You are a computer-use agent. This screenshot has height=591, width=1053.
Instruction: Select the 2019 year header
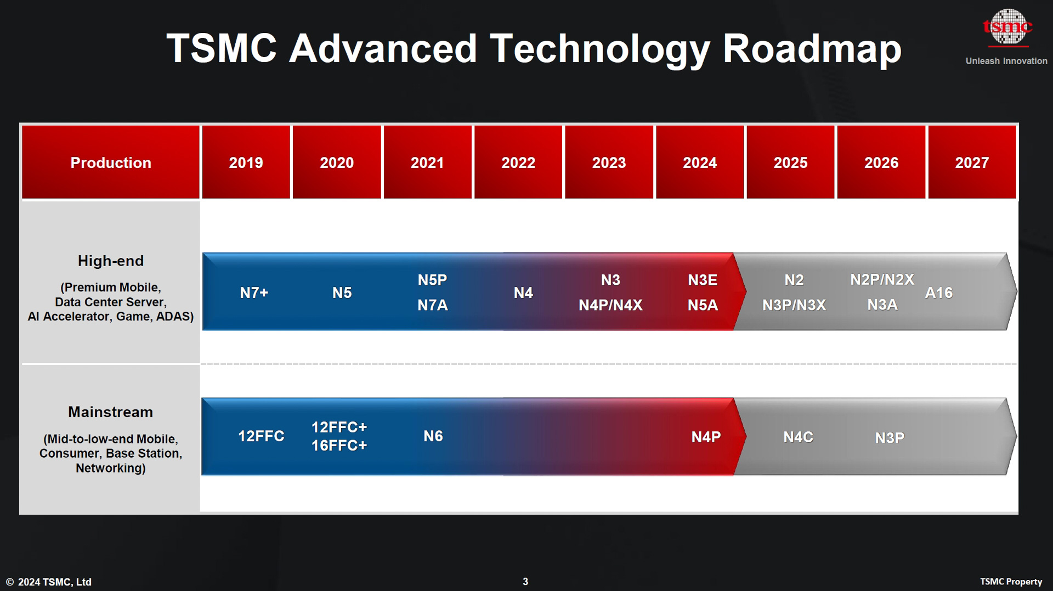click(x=246, y=162)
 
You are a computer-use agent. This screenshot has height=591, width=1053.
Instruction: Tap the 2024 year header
click(x=699, y=162)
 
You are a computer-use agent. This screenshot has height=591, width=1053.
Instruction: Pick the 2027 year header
click(x=971, y=162)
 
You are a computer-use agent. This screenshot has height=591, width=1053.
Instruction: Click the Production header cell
click(x=111, y=162)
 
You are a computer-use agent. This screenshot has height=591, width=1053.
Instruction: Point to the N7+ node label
click(x=254, y=292)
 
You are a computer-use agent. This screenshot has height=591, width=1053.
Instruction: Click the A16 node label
click(x=938, y=292)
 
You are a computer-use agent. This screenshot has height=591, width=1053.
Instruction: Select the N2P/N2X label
click(x=882, y=279)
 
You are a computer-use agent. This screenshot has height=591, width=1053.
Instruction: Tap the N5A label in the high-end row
click(x=703, y=305)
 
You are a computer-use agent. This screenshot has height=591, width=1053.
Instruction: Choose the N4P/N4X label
click(x=610, y=305)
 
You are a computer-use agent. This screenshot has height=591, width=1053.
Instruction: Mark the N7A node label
click(x=432, y=305)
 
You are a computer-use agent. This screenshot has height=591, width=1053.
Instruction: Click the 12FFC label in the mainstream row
click(x=261, y=436)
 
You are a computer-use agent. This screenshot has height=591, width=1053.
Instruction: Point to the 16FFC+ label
click(x=339, y=446)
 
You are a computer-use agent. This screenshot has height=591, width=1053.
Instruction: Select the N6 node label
click(x=433, y=436)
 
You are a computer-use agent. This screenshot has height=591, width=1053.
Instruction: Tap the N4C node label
click(x=798, y=437)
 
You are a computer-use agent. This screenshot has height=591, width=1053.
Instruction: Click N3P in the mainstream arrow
click(x=889, y=438)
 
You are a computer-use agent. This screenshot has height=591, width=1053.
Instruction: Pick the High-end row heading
click(x=111, y=261)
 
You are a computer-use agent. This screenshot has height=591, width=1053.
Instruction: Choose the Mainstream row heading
click(x=111, y=412)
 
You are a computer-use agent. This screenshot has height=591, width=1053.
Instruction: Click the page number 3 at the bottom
click(x=525, y=581)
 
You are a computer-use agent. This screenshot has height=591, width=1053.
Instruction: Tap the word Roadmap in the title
click(x=812, y=48)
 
